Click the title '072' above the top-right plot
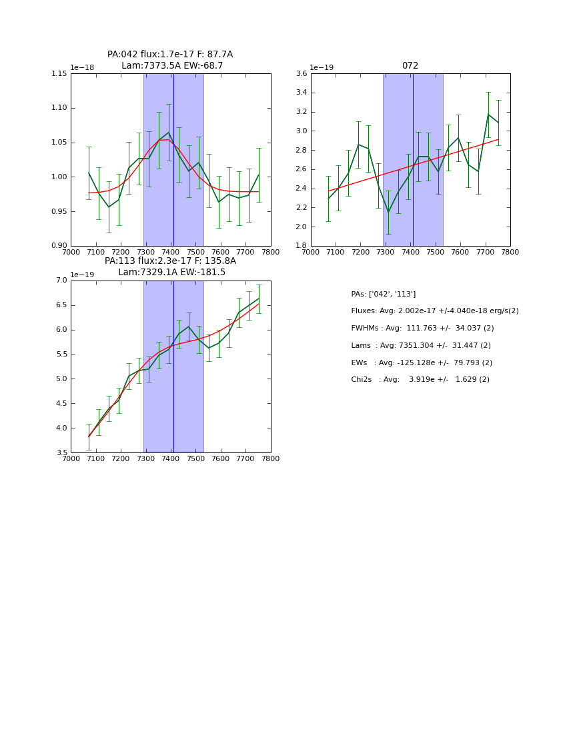click(410, 66)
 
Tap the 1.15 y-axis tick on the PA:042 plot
click(59, 73)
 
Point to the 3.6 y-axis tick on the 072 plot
click(300, 73)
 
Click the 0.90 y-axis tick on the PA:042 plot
click(59, 246)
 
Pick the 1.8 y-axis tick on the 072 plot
click(300, 246)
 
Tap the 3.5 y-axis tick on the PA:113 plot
click(61, 453)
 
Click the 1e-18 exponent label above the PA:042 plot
click(82, 67)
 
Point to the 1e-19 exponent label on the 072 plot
click(322, 67)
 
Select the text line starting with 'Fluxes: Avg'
click(434, 311)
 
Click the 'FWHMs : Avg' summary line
click(422, 329)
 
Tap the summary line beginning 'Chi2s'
click(420, 380)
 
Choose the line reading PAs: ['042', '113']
click(384, 294)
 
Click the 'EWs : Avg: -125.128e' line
click(422, 363)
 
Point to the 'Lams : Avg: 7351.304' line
click(421, 345)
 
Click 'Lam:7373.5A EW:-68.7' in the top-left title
click(172, 66)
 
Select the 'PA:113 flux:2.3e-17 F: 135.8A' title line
click(170, 261)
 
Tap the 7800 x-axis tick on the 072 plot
click(510, 252)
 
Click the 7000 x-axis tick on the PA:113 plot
click(71, 459)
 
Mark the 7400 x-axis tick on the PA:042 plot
click(171, 252)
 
